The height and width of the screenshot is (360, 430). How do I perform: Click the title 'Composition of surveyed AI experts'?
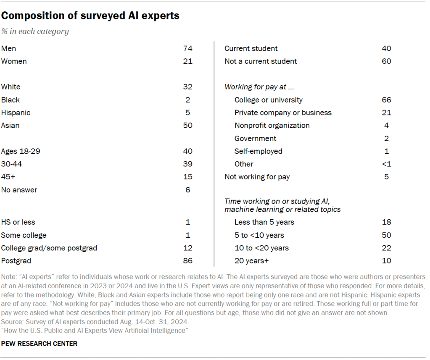click(90, 16)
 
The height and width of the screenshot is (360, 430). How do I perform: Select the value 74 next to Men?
click(187, 49)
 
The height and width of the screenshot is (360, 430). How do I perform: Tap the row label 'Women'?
click(14, 61)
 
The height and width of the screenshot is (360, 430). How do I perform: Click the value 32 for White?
click(187, 87)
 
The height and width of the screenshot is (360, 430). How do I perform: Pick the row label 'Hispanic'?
click(16, 113)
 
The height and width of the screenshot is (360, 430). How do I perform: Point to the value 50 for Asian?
click(187, 125)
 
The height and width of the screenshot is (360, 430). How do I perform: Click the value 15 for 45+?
click(187, 177)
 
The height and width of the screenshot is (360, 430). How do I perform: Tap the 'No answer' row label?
click(19, 190)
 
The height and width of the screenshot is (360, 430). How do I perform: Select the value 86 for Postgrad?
click(187, 260)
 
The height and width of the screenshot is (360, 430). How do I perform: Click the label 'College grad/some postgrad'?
click(49, 248)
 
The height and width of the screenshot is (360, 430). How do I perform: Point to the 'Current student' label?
click(251, 49)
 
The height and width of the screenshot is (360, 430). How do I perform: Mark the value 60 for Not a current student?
click(386, 61)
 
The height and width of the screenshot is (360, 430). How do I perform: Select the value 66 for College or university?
click(386, 100)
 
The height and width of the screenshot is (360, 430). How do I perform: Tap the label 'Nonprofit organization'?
click(272, 126)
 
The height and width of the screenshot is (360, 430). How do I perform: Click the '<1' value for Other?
click(386, 164)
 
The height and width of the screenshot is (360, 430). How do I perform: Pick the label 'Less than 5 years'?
click(264, 222)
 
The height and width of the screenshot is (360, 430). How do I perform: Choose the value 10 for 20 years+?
click(386, 260)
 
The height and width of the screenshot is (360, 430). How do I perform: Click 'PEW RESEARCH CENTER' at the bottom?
click(40, 344)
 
